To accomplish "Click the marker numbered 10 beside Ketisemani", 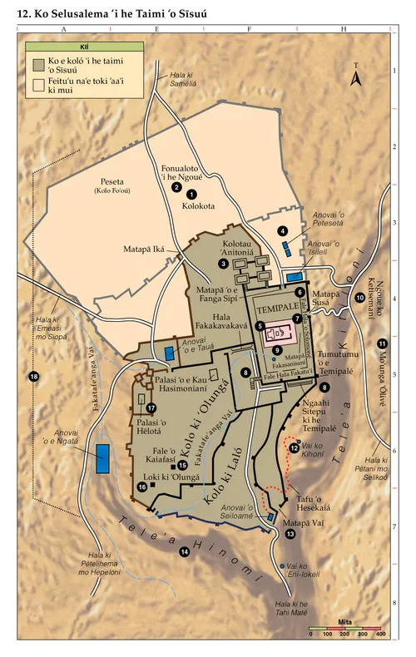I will coord(359,297).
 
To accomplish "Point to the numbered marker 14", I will coord(185,551).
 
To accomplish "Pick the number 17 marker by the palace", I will coord(151,408).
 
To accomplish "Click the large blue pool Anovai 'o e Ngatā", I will coord(104,458).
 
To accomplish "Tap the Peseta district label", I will coord(112,181).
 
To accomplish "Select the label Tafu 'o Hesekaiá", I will coord(314,503).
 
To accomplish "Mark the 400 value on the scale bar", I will coord(380,634).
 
